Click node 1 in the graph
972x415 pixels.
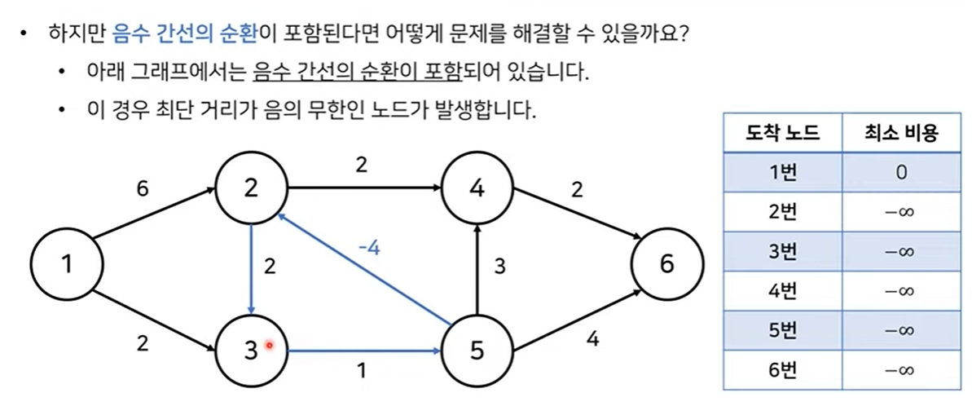click(66, 264)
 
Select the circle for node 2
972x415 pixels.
click(251, 188)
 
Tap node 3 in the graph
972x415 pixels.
click(251, 351)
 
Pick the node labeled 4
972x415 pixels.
click(477, 188)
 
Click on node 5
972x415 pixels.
click(477, 351)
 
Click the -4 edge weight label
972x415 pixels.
click(368, 248)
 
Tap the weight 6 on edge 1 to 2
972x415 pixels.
click(143, 188)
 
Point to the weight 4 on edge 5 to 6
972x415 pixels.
click(592, 338)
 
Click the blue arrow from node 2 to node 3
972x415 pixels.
click(252, 269)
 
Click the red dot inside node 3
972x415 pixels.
click(269, 347)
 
